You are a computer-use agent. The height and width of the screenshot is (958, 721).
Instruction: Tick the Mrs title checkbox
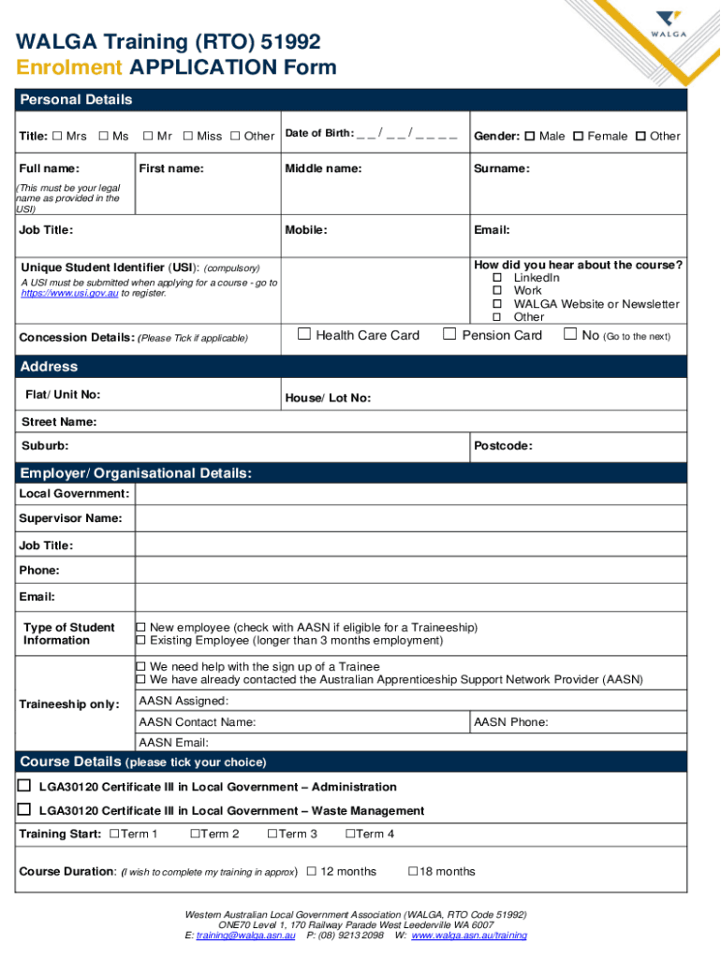coord(57,137)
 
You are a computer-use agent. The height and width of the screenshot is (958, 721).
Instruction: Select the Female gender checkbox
coord(578,137)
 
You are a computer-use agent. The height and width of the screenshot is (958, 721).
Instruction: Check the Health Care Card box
coord(303,334)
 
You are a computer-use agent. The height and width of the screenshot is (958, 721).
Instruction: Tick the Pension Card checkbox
coord(449,334)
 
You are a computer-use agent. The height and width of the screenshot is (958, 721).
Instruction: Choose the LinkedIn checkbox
coord(498,278)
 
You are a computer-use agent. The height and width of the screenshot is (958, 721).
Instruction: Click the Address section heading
coord(50,367)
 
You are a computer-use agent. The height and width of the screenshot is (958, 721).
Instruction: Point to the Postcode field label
coord(503,446)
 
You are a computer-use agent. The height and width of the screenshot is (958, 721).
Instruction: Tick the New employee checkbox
coord(141,627)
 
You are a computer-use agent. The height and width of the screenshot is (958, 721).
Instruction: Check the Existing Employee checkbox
coord(141,640)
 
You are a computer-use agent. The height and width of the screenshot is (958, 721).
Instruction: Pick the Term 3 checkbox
coord(272,834)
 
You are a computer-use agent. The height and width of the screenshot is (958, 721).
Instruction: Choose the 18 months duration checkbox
coord(413,871)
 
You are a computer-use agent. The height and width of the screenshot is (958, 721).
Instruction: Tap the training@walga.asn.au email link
coord(246,935)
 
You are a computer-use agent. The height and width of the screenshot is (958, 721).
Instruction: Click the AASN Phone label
coord(511,722)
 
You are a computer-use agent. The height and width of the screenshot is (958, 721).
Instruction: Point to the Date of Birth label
coord(318,134)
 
